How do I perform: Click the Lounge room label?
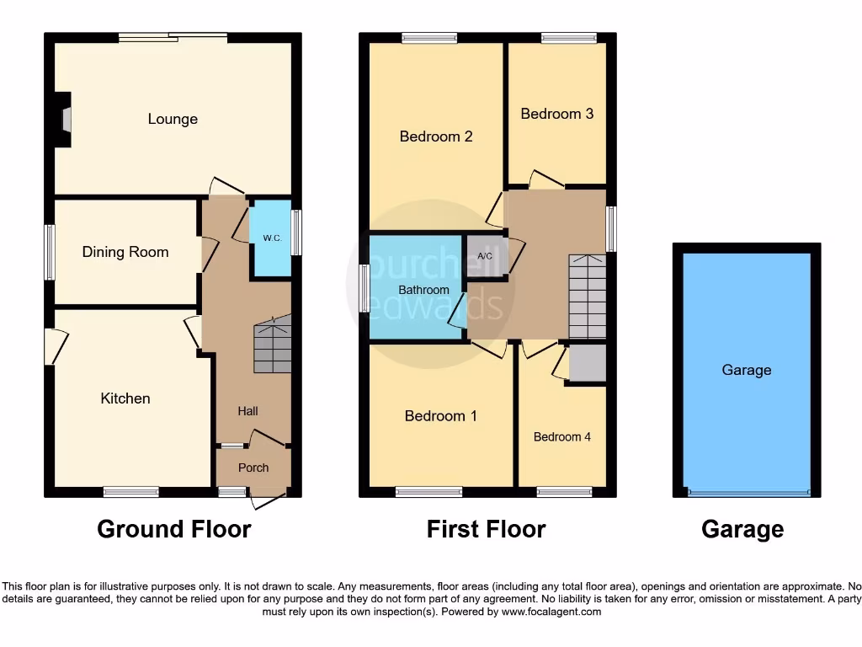(173, 119)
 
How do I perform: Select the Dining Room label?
(125, 252)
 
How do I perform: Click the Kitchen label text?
(125, 398)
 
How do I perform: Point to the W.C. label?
(272, 238)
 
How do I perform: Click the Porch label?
(253, 468)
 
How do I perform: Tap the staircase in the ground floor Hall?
(273, 345)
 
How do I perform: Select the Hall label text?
(247, 411)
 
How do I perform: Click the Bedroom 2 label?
(436, 136)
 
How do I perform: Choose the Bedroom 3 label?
(556, 113)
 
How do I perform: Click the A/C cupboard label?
(485, 256)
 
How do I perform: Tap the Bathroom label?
(423, 290)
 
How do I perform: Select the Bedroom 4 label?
(562, 436)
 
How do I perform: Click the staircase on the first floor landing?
(588, 296)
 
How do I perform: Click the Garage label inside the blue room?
(746, 370)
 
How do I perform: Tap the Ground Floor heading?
(173, 529)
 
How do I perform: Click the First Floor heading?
(486, 529)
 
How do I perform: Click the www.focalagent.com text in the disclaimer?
(551, 612)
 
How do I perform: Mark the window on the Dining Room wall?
(50, 252)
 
